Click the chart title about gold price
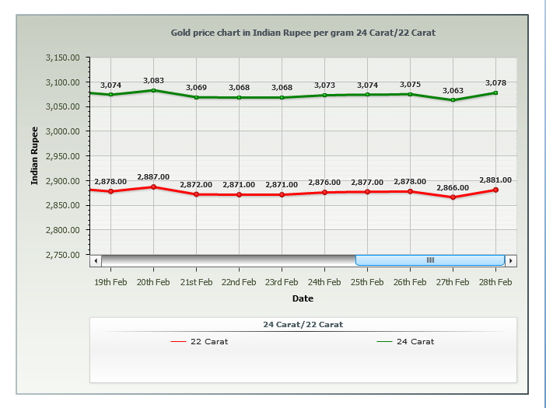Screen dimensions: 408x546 pyautogui.click(x=303, y=33)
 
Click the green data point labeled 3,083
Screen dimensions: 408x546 pyautogui.click(x=153, y=90)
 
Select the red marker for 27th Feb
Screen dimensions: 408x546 pyautogui.click(x=453, y=197)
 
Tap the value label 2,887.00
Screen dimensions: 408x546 pyautogui.click(x=153, y=177)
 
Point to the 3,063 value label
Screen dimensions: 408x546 pyautogui.click(x=453, y=91)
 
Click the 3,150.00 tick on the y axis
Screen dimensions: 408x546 pyautogui.click(x=64, y=58)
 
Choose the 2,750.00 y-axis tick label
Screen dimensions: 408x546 pyautogui.click(x=64, y=255)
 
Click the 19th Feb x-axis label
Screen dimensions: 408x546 pyautogui.click(x=110, y=282)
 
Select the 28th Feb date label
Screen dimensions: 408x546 pyautogui.click(x=495, y=282)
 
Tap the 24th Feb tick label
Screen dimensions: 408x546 pyautogui.click(x=324, y=282)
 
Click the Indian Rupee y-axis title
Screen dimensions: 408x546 pyautogui.click(x=34, y=155)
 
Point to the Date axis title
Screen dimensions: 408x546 pyautogui.click(x=303, y=298)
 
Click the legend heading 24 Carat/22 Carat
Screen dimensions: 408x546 pyautogui.click(x=303, y=324)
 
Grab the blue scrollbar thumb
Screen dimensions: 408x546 pyautogui.click(x=430, y=260)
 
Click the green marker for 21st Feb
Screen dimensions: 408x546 pyautogui.click(x=196, y=97)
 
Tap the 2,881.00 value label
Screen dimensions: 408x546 pyautogui.click(x=495, y=180)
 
